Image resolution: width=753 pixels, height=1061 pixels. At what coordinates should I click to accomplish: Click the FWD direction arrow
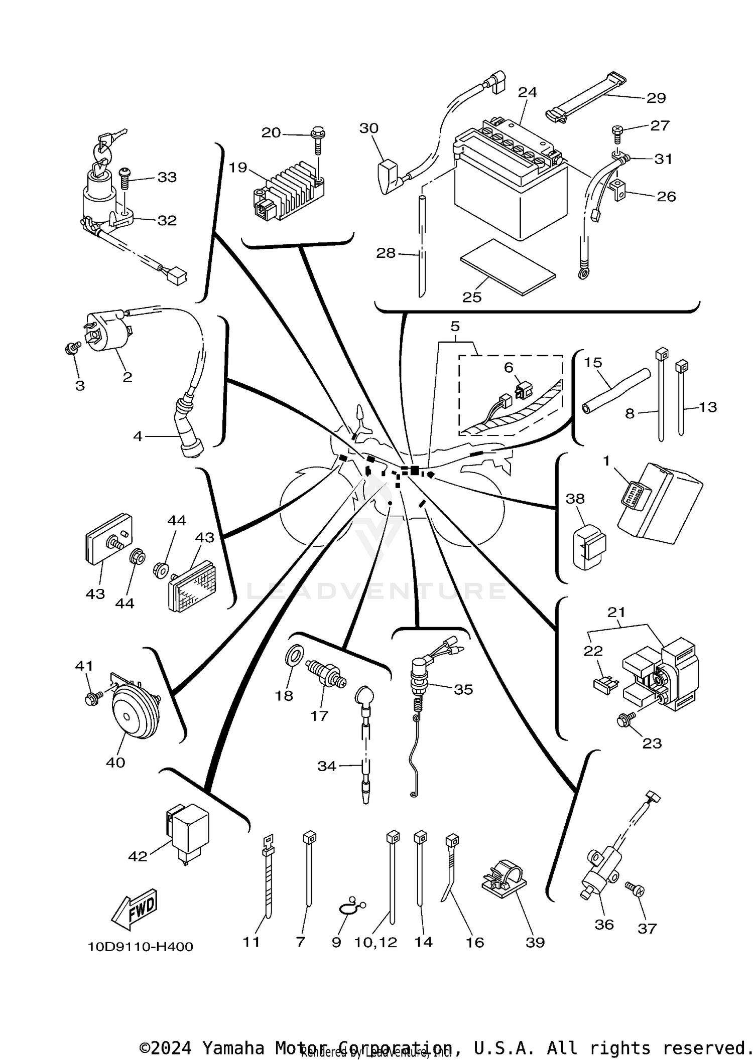(135, 910)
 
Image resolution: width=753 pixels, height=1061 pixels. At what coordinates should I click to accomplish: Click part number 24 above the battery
(528, 92)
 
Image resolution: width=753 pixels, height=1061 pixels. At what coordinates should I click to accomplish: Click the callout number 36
(604, 925)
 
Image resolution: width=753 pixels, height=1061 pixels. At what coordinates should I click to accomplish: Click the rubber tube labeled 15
(615, 391)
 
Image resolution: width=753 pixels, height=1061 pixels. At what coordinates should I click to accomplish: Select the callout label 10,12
(375, 942)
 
